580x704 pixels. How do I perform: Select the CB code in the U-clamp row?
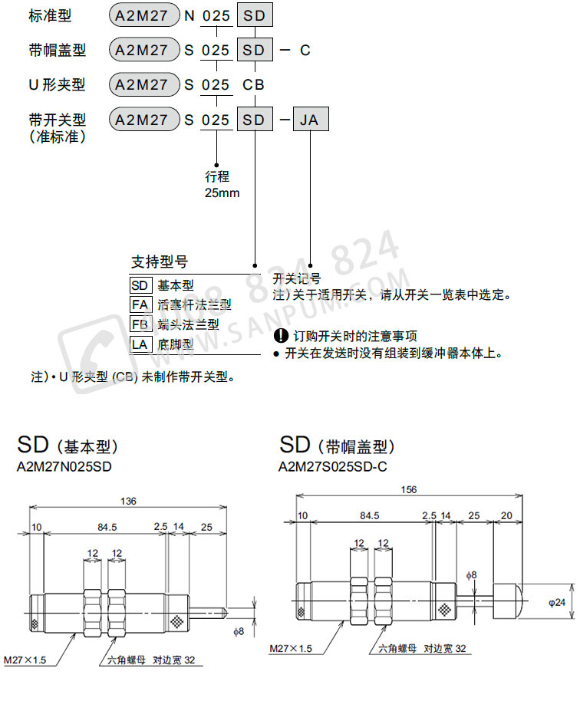254,85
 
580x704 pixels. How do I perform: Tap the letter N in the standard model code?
189,16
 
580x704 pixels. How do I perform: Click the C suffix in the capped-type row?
305,51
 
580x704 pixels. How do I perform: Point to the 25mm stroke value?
222,192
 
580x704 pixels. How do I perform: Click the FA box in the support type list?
140,304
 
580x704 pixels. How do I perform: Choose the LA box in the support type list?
140,344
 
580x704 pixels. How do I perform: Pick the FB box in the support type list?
140,324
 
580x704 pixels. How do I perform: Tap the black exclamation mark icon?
280,335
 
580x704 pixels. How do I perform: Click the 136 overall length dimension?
128,501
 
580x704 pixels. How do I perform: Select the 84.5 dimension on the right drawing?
369,516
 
